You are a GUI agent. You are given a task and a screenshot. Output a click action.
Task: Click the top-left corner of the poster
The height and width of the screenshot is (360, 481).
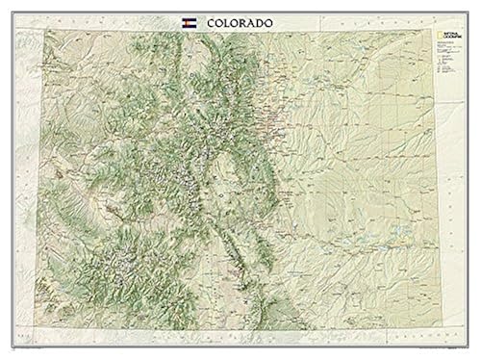click(x=3, y=3)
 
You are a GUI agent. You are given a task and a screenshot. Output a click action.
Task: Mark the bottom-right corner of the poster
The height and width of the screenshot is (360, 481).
click(x=478, y=357)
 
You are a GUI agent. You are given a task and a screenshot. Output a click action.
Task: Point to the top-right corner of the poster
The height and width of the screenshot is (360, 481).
click(x=478, y=3)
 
